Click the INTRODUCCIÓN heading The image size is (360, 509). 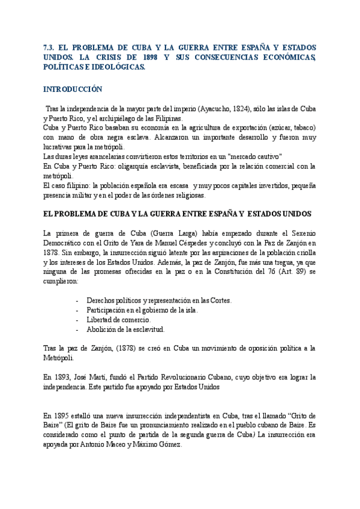pos(73,89)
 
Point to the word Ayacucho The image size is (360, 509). pos(215,109)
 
